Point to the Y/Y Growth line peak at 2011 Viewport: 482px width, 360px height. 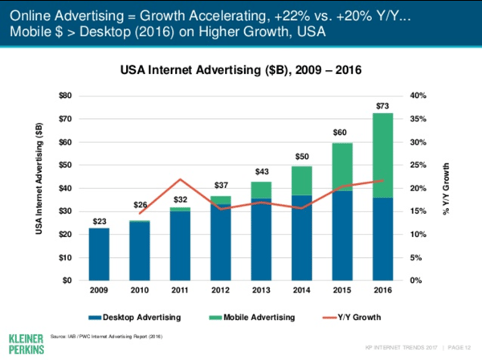[x=182, y=179]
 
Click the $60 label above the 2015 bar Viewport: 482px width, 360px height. [x=341, y=132]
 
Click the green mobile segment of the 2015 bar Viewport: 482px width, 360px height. [x=341, y=167]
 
